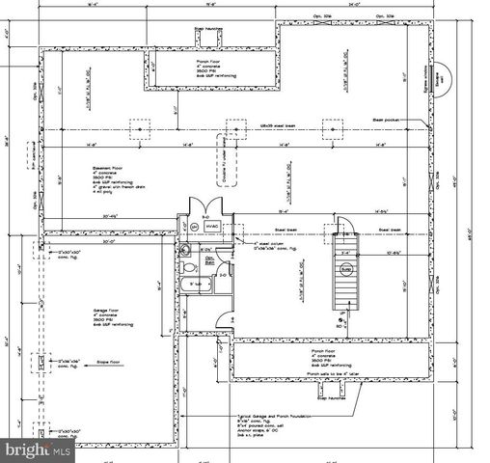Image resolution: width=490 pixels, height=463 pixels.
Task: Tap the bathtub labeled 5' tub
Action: coord(195,284)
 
